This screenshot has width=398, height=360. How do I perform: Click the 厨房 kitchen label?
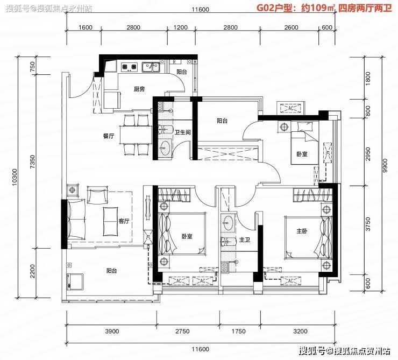[x=139, y=89]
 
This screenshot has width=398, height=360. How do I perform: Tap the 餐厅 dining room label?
[x=109, y=136]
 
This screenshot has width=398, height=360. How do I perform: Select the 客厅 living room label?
[x=124, y=221]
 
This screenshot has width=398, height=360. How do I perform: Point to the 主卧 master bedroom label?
[x=302, y=231]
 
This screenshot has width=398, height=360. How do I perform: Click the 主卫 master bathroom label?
[x=245, y=239]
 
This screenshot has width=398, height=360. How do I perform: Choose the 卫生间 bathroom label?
[x=182, y=132]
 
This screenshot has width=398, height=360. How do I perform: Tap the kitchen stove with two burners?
[x=130, y=67]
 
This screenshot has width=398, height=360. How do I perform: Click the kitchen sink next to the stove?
[x=151, y=67]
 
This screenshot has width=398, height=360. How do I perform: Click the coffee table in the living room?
[x=110, y=221]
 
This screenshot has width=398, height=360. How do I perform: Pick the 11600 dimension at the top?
[x=200, y=10]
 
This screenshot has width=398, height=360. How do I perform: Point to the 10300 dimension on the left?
[x=15, y=177]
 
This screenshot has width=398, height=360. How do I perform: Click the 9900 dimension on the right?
[x=385, y=166]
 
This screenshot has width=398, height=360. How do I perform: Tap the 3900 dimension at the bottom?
[x=112, y=331]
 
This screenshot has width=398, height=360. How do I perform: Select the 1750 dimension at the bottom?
[x=239, y=331]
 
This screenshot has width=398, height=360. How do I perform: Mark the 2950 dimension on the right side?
[x=368, y=153]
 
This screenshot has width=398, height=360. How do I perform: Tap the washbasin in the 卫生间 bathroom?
[x=165, y=147]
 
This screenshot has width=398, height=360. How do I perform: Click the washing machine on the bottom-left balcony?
[x=75, y=281]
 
